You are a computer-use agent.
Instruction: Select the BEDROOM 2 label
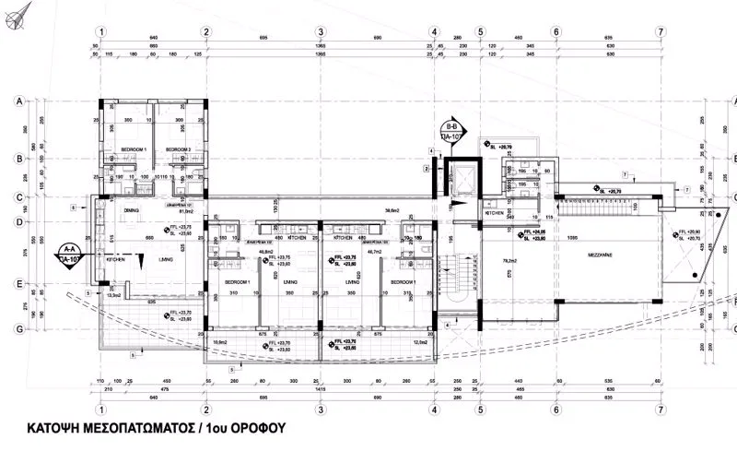(x=178, y=149)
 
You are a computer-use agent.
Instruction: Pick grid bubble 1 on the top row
(x=101, y=30)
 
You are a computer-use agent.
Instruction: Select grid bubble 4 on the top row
(x=433, y=30)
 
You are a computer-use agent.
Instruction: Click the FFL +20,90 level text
(x=690, y=232)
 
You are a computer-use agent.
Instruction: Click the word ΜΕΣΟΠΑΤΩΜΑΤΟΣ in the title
(x=134, y=429)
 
